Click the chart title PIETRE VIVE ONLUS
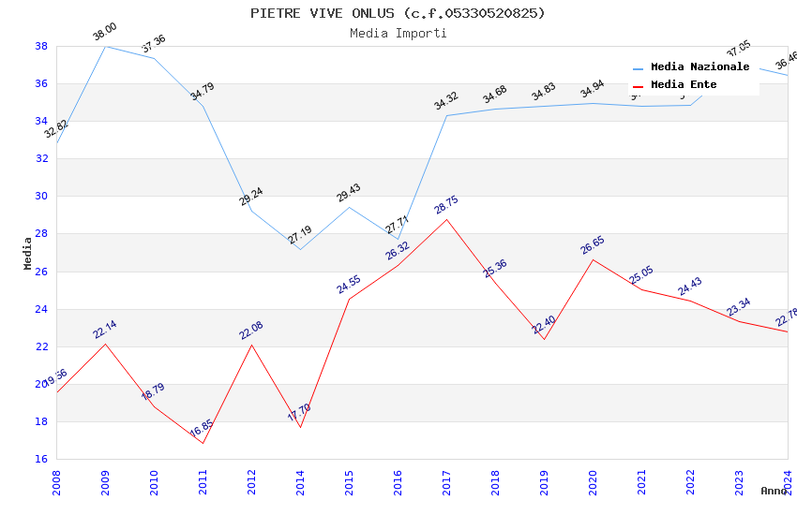pos(398,13)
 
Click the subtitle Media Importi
pos(398,34)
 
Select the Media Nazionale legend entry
pos(699,67)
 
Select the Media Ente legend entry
pos(684,85)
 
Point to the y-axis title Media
pos(28,253)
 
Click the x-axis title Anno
pos(774,491)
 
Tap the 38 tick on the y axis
pos(41,46)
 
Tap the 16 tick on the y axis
pos(41,459)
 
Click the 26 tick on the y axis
pos(41,272)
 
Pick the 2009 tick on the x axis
pos(105,478)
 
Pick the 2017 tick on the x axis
pos(446,478)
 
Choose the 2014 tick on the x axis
pos(300,478)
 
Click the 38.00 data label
pos(105,34)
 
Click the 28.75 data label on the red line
pos(446,206)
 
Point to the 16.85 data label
pos(202,429)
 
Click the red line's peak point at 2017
pos(446,219)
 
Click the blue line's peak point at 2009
pos(105,46)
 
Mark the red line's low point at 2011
pos(203,443)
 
